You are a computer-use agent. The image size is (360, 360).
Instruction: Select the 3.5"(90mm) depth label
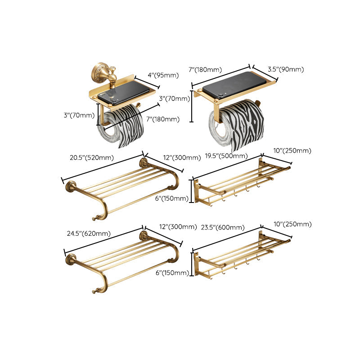285,69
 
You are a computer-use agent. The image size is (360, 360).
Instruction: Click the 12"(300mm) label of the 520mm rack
181,157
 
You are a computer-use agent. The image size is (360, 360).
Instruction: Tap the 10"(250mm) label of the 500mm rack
292,151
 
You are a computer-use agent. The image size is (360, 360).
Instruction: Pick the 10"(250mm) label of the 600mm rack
292,224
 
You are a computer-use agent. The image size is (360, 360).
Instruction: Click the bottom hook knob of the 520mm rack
94,219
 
